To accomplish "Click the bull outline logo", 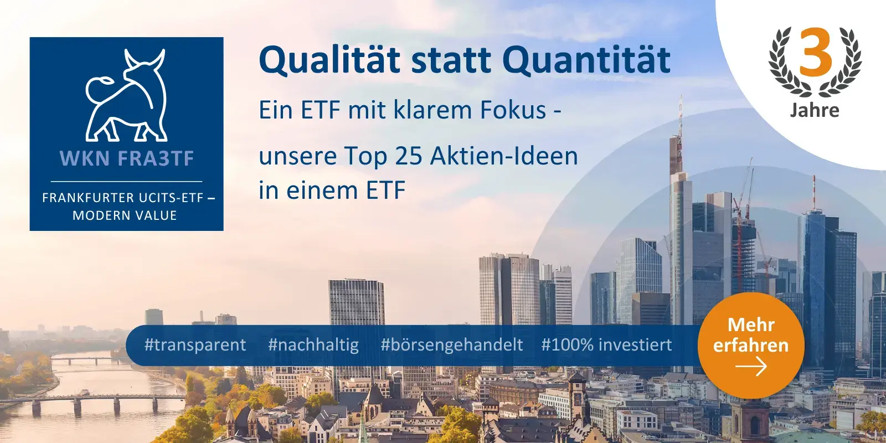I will pyautogui.click(x=126, y=95).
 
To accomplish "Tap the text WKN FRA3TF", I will pyautogui.click(x=127, y=159).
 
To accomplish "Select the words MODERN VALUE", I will pyautogui.click(x=125, y=215).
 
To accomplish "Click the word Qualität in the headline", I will pyautogui.click(x=329, y=60).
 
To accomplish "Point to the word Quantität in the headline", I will pyautogui.click(x=586, y=60).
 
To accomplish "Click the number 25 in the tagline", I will pyautogui.click(x=409, y=156).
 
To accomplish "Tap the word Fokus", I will pyautogui.click(x=513, y=110).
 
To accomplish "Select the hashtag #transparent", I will pyautogui.click(x=195, y=345).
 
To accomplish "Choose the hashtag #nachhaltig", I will pyautogui.click(x=313, y=345).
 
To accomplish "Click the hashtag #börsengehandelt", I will pyautogui.click(x=451, y=345).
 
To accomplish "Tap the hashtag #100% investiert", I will pyautogui.click(x=606, y=345).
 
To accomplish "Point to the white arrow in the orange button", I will pyautogui.click(x=751, y=367).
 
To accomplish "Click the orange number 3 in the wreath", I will pyautogui.click(x=816, y=53).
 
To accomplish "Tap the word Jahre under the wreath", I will pyautogui.click(x=815, y=110).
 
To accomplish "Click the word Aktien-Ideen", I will pyautogui.click(x=504, y=156).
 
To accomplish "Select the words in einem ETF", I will pyautogui.click(x=332, y=190).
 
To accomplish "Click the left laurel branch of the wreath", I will pyautogui.click(x=784, y=64).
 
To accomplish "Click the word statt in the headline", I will pyautogui.click(x=451, y=60).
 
